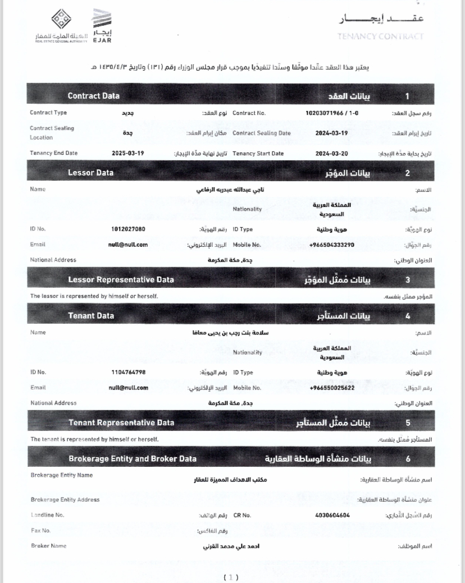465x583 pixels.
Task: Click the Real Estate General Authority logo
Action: click(61, 26)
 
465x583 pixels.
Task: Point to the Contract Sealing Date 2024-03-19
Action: click(331, 133)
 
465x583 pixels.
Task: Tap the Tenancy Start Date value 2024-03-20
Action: click(331, 153)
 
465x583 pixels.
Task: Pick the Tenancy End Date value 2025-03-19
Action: click(128, 153)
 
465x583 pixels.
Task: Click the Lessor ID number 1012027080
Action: click(129, 229)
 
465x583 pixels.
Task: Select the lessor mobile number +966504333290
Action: click(331, 245)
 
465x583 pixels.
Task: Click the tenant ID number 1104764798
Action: click(129, 372)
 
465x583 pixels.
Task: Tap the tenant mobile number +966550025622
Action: click(332, 388)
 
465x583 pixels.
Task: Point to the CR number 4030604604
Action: click(332, 515)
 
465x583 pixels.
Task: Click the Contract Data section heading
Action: click(93, 96)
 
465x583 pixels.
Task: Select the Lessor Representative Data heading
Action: click(121, 279)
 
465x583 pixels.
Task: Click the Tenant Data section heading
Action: click(91, 315)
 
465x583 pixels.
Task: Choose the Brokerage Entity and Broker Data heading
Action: click(133, 458)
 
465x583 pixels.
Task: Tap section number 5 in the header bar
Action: click(408, 423)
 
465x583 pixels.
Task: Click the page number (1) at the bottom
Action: click(231, 577)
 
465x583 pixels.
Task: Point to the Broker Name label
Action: click(48, 545)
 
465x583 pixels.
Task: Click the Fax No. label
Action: click(41, 530)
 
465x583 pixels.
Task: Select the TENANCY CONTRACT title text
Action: click(380, 37)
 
